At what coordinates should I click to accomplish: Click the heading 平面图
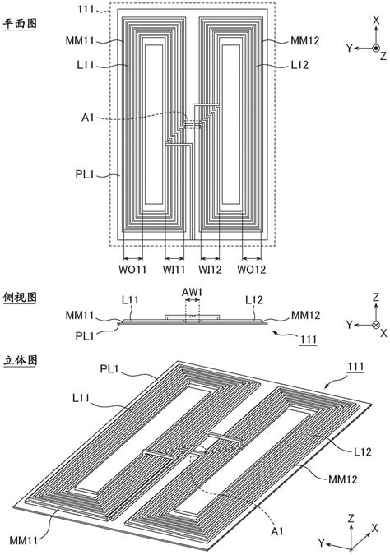20,24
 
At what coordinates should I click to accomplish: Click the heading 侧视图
20,298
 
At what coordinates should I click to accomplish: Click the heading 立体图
20,360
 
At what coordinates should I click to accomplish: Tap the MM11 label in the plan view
80,41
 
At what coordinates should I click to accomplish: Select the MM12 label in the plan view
305,41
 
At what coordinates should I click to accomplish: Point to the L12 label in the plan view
299,65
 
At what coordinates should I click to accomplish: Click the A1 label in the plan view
88,117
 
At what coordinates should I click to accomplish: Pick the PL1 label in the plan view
85,174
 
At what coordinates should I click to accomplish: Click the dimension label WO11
132,270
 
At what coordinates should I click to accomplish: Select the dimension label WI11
174,270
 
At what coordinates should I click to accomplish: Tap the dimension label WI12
210,270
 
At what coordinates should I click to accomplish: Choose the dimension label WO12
252,270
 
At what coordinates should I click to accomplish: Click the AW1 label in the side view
192,293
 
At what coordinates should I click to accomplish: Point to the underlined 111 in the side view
309,340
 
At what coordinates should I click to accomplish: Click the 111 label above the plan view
86,9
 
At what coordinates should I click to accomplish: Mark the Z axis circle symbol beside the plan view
376,49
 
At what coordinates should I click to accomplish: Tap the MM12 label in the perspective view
343,479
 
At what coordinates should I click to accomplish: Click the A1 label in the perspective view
277,531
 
